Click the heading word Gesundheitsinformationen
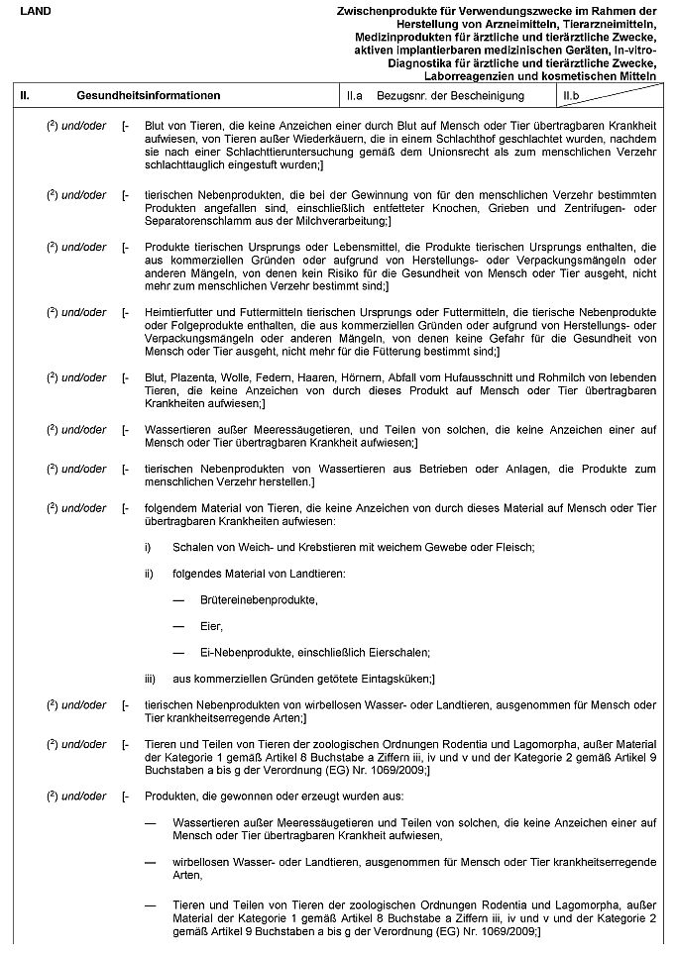tap(148, 96)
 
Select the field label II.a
tap(355, 96)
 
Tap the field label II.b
tap(570, 96)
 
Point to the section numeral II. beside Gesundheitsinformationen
tap(27, 96)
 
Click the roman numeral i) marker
tap(148, 548)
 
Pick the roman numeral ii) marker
tap(149, 574)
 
